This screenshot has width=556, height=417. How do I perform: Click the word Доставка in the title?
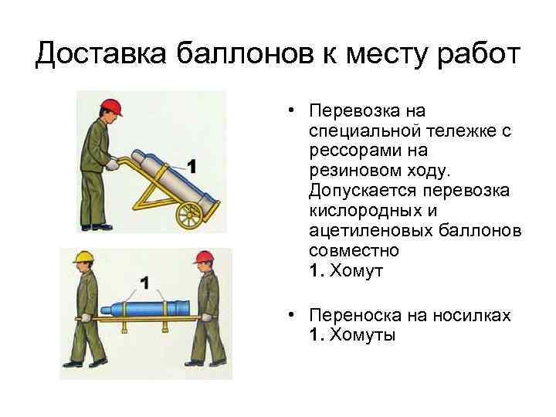[x=100, y=54]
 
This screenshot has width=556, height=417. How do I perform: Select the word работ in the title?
[x=479, y=55]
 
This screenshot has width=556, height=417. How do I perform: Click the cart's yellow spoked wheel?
[x=189, y=215]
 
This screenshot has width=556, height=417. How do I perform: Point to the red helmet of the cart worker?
[x=111, y=107]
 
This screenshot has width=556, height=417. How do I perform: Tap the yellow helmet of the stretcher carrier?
[x=83, y=257]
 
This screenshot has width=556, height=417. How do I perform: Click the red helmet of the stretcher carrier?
[x=204, y=257]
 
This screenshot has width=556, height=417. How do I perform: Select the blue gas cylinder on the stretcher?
[x=145, y=308]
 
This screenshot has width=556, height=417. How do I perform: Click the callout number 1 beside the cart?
[x=192, y=166]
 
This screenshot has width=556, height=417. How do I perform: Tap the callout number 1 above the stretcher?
[x=144, y=283]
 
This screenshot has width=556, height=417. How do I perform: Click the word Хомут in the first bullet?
[x=356, y=271]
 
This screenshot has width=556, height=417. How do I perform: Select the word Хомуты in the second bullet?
[x=362, y=334]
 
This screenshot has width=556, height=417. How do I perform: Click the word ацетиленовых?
[x=371, y=231]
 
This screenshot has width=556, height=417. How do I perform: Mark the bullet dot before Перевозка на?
[x=291, y=110]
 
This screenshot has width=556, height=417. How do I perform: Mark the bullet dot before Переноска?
[x=291, y=315]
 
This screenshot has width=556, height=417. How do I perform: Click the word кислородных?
[x=366, y=212]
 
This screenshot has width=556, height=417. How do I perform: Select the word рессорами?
[x=355, y=152]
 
